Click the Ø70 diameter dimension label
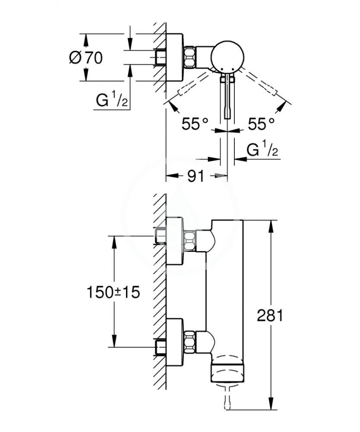86,57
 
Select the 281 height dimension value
270,315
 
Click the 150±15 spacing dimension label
114,292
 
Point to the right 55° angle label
261,124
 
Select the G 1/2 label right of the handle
262,150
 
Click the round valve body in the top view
227,57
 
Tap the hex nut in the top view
190,57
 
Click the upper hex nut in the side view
190,241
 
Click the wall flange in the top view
175,57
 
